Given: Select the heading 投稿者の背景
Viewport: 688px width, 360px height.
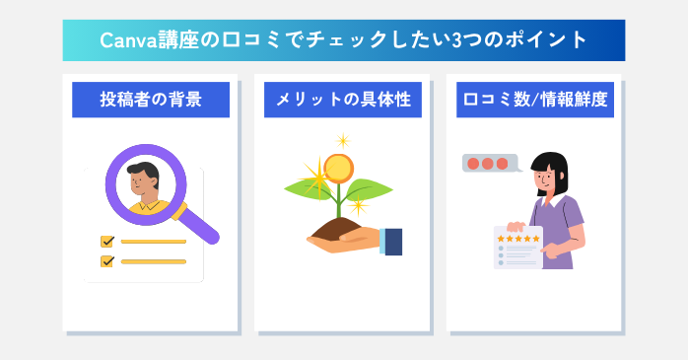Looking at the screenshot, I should pyautogui.click(x=150, y=99).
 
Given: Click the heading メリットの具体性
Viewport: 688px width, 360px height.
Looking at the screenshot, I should pyautogui.click(x=342, y=99).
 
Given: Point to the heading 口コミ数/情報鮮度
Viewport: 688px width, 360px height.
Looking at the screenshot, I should pyautogui.click(x=535, y=99).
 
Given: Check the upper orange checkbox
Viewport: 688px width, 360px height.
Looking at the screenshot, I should pyautogui.click(x=107, y=241).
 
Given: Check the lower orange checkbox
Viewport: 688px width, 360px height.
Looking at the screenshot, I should pyautogui.click(x=107, y=261).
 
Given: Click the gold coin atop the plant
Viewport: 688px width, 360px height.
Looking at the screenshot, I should pyautogui.click(x=338, y=168).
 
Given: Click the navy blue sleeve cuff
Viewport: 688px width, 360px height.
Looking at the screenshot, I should pyautogui.click(x=392, y=241).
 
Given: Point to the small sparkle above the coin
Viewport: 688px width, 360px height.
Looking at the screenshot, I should pyautogui.click(x=342, y=140).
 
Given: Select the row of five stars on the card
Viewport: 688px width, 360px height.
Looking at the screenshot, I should pyautogui.click(x=518, y=239).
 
